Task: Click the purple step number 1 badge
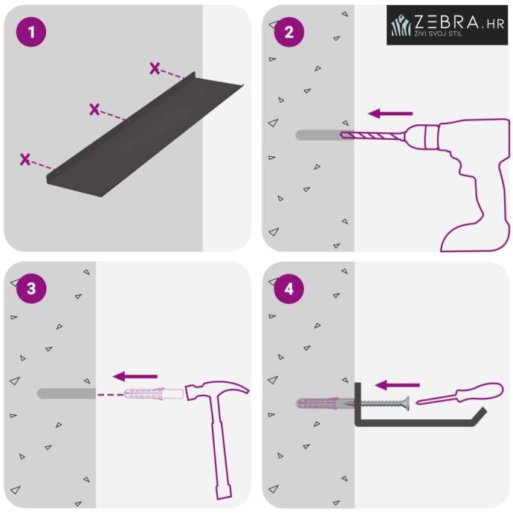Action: tap(31, 32)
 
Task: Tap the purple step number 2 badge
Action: tap(289, 32)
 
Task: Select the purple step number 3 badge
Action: tap(31, 288)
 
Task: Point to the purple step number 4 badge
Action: tap(289, 288)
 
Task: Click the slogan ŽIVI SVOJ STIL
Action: tap(439, 33)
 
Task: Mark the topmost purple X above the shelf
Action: tap(155, 68)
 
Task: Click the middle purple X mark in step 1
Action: tap(94, 109)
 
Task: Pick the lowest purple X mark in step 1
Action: tap(25, 159)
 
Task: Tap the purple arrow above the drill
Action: tap(390, 114)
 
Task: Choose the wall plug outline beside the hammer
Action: tap(154, 394)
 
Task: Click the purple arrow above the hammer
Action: tap(135, 376)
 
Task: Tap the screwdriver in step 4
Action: tap(459, 394)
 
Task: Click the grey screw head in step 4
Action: tap(407, 404)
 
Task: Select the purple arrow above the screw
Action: tap(397, 385)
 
